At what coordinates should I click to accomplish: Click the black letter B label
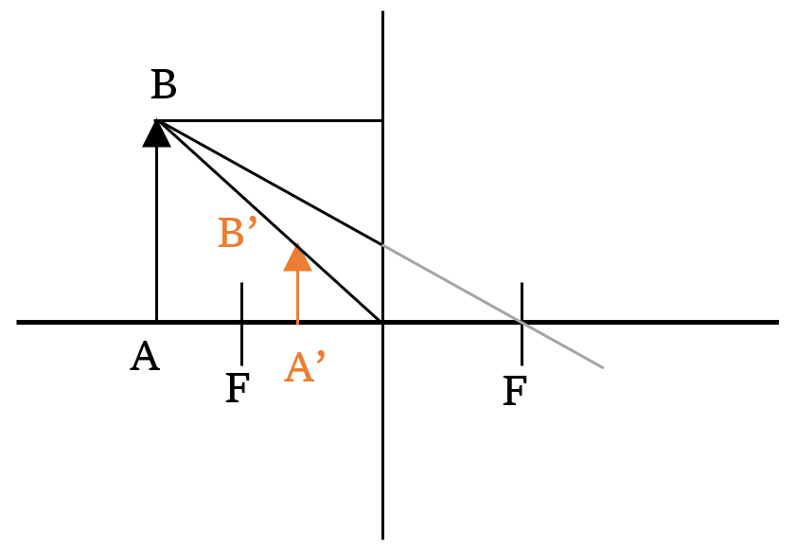pos(164,85)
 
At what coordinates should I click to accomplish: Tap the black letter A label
pos(145,356)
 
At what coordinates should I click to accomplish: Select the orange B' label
pos(238,233)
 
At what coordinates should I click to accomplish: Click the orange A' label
pos(304,366)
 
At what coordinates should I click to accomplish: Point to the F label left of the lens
pos(238,388)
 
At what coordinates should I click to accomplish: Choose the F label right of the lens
pos(515,391)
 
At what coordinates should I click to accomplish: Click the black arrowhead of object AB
pos(156,133)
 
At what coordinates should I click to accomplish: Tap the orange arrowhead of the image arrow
pos(297,257)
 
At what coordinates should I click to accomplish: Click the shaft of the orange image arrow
pos(297,297)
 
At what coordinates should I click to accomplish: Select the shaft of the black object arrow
pos(156,234)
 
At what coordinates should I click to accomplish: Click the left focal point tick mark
pos(241,324)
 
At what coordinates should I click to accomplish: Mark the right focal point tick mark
pos(522,324)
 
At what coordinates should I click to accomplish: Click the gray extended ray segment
pos(493,307)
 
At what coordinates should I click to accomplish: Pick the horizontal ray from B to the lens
pos(270,120)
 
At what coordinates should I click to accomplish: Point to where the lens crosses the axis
pos(382,322)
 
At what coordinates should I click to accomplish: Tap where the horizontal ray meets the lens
pos(382,120)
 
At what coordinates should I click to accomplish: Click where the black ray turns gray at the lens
pos(382,245)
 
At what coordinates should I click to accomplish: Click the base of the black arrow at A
pos(156,322)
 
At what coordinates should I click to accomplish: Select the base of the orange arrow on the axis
pos(297,322)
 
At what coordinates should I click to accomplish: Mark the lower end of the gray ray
pos(603,367)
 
